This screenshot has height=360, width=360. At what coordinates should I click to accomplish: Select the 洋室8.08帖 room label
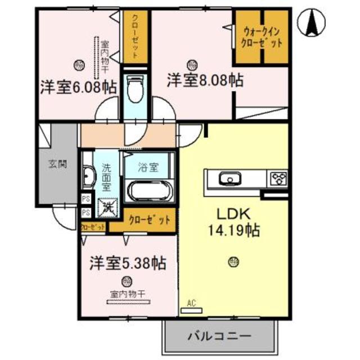pos(205,80)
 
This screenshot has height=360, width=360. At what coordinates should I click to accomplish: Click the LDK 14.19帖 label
pos(233,223)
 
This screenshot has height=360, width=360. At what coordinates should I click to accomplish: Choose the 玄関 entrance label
pos(57,165)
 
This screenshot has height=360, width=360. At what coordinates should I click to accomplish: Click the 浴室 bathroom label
pos(149,167)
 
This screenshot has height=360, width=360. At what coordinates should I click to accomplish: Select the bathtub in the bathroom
pos(150,190)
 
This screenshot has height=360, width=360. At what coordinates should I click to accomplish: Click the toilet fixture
pos(135,90)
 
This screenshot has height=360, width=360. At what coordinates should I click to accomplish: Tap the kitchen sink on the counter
pos(229,179)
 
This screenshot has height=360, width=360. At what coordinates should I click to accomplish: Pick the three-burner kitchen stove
pos(278,179)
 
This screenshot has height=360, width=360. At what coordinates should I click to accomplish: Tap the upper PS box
pos(86,199)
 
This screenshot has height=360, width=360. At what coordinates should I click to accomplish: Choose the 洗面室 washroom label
pos(107,177)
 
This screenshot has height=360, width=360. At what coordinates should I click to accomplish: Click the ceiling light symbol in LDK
pos(233,261)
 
